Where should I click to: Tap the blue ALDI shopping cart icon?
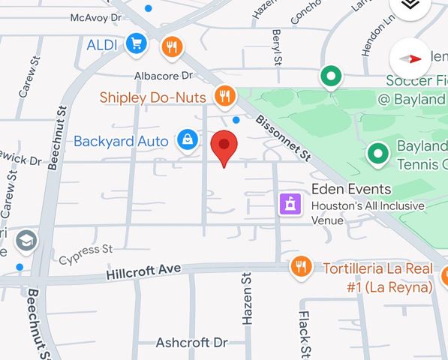(136, 44)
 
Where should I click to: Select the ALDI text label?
(102, 45)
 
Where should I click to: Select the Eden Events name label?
(352, 189)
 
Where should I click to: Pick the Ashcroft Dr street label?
(191, 343)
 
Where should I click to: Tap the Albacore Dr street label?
(164, 76)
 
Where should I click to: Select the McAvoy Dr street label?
(95, 16)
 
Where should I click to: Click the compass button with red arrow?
(411, 58)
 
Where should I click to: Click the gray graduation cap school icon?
(26, 241)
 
